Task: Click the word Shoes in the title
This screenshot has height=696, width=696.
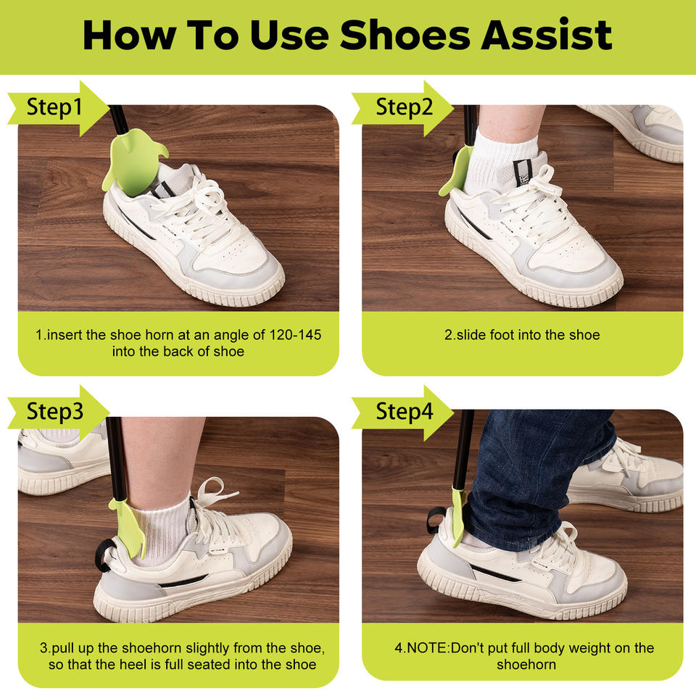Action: [405, 35]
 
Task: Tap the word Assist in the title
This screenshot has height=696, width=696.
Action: [547, 35]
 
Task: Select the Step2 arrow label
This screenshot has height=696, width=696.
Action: [402, 108]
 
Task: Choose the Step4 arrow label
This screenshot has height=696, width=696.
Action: [402, 413]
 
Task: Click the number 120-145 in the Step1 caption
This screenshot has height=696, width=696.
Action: [295, 335]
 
